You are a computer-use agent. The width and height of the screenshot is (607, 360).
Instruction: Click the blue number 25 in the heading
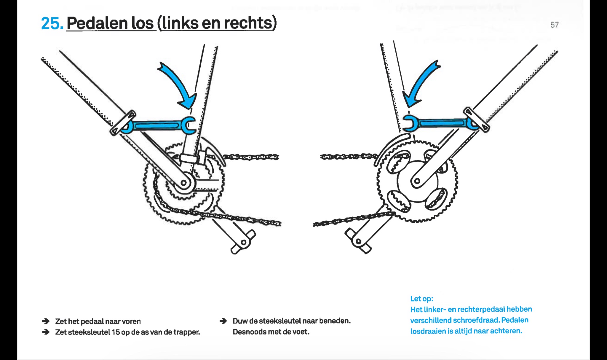tap(52, 23)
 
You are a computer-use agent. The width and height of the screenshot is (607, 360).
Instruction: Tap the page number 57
tap(554, 25)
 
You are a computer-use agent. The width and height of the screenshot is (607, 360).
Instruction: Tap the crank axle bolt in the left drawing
tap(184, 183)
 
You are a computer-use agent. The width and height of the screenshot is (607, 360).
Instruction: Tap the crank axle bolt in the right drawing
tap(417, 181)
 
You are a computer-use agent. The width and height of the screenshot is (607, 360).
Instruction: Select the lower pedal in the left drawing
tap(243, 242)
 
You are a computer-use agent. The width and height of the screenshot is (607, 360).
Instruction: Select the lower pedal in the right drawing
tap(358, 241)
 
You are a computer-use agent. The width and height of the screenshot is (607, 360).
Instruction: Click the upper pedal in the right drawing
tap(477, 120)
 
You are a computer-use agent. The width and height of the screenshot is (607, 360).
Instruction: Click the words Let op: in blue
tap(421, 299)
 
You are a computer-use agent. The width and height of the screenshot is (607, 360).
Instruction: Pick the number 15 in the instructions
tap(116, 332)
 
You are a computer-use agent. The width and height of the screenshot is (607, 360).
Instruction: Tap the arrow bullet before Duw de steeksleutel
tap(223, 321)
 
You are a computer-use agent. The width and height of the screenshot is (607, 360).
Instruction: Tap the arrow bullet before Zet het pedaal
tap(46, 321)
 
